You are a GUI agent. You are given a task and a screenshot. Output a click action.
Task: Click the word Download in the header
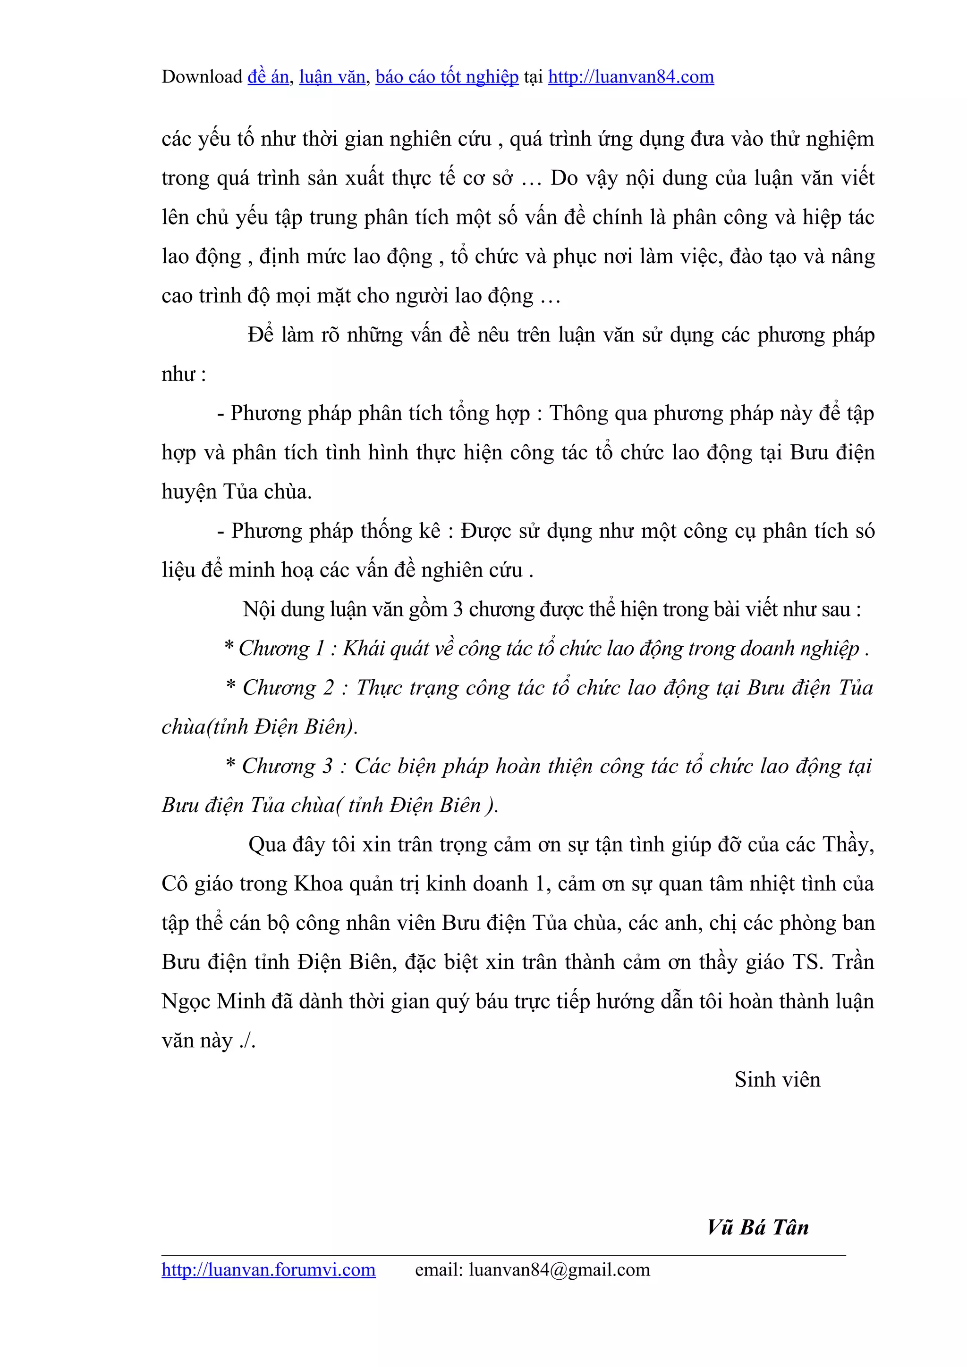pos(202,77)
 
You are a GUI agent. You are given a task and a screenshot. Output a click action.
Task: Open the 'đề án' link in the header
pos(268,77)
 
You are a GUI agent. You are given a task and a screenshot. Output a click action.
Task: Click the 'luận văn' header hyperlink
pos(332,77)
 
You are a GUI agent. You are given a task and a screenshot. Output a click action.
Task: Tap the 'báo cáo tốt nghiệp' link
pos(447,77)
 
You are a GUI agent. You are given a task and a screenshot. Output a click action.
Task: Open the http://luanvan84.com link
pos(631,77)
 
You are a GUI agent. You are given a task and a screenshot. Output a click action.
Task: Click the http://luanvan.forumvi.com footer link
pos(268,1270)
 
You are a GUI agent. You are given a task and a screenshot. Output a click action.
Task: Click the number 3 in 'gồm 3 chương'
pos(458,609)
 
